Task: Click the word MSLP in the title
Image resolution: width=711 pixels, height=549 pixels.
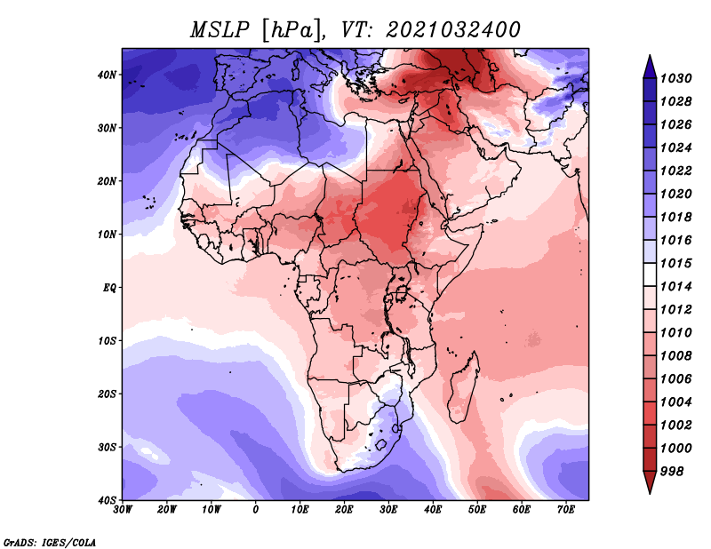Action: pyautogui.click(x=220, y=30)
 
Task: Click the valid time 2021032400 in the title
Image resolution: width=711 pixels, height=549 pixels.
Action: pyautogui.click(x=452, y=30)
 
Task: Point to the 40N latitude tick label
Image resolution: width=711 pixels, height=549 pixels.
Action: pyautogui.click(x=107, y=75)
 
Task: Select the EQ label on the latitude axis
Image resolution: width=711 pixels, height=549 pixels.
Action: pyautogui.click(x=109, y=288)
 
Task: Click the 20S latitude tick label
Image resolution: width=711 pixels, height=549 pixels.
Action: pyautogui.click(x=107, y=394)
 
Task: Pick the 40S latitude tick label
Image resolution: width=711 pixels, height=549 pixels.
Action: pyautogui.click(x=107, y=500)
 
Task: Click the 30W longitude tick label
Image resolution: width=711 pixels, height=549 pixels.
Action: pyautogui.click(x=123, y=510)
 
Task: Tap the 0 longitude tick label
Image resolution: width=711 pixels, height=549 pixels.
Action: pyautogui.click(x=256, y=510)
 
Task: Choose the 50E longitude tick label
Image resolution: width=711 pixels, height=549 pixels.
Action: pyautogui.click(x=477, y=510)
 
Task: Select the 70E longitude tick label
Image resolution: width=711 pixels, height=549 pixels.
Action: pyautogui.click(x=566, y=510)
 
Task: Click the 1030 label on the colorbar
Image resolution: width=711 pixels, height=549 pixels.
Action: pyautogui.click(x=675, y=78)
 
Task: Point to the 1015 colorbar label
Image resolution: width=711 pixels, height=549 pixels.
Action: pyautogui.click(x=675, y=263)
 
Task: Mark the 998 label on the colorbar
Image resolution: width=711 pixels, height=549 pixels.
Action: pyautogui.click(x=672, y=472)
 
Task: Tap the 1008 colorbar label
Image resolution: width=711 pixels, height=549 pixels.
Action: pyautogui.click(x=675, y=356)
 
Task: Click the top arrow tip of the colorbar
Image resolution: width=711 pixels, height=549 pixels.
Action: pyautogui.click(x=650, y=55)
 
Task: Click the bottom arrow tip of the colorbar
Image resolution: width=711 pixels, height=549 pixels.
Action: pyautogui.click(x=650, y=494)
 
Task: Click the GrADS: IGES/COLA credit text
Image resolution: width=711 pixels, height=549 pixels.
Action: pyautogui.click(x=50, y=542)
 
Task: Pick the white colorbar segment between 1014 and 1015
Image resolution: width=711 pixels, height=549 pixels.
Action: pyautogui.click(x=650, y=274)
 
